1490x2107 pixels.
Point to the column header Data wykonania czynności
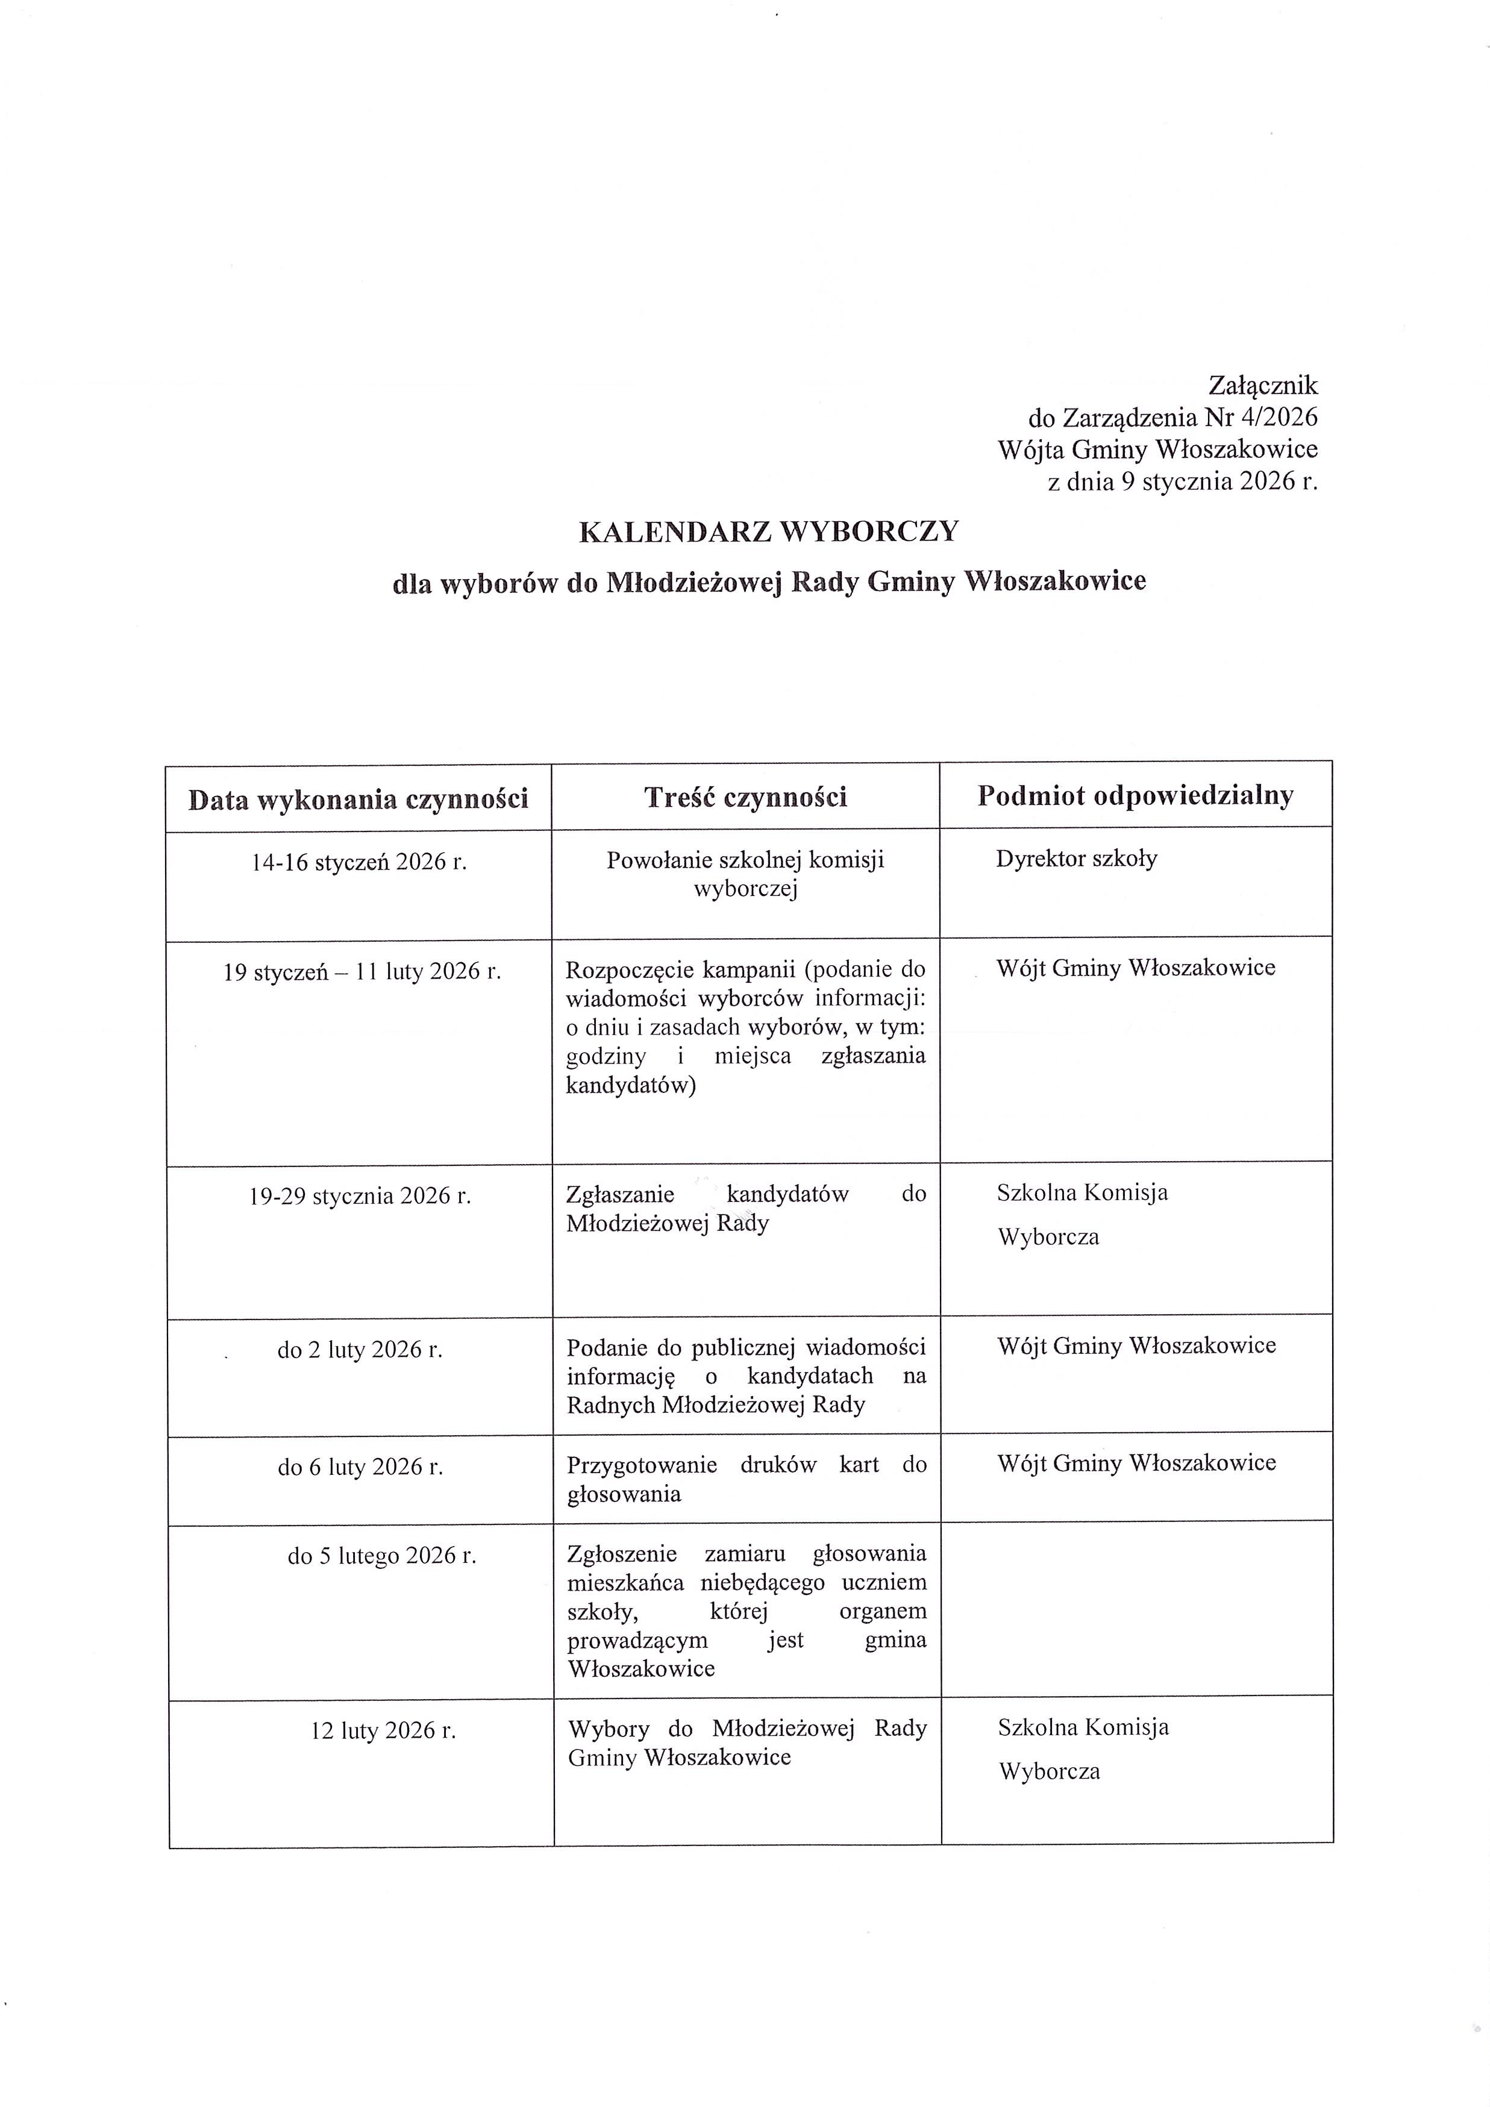tap(358, 800)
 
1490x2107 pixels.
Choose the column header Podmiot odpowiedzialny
tap(1135, 795)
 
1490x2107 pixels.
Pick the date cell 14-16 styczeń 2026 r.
tap(358, 863)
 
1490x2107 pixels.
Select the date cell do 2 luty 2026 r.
tap(360, 1350)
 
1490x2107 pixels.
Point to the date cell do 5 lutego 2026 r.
tap(381, 1556)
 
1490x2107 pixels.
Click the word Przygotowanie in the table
tap(641, 1465)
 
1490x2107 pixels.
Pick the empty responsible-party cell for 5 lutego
tap(1136, 1606)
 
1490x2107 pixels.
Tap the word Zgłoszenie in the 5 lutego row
tap(622, 1554)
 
